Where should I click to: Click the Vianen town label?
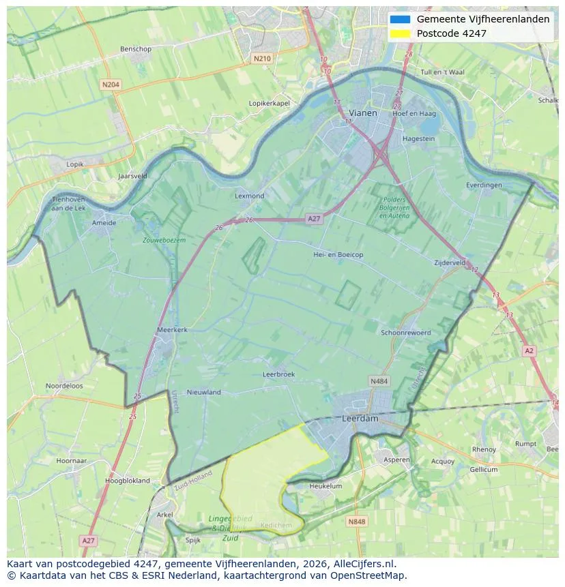[x=362, y=112]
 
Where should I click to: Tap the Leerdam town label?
[x=360, y=419]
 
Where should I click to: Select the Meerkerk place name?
[x=172, y=329]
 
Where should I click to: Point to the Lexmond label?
[x=249, y=196]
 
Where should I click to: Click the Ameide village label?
[x=104, y=222]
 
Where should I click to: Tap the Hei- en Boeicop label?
[x=338, y=254]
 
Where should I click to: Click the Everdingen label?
[x=484, y=185]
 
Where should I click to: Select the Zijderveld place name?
[x=450, y=262]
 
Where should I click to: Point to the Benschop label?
[x=135, y=49]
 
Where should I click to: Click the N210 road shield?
[x=262, y=59]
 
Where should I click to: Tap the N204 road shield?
[x=110, y=85]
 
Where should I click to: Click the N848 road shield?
[x=356, y=522]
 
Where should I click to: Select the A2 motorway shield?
[x=529, y=350]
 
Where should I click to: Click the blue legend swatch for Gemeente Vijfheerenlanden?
[x=400, y=19]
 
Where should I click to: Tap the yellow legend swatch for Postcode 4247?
[x=400, y=33]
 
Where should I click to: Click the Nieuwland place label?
[x=203, y=392]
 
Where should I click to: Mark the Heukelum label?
[x=325, y=486]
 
